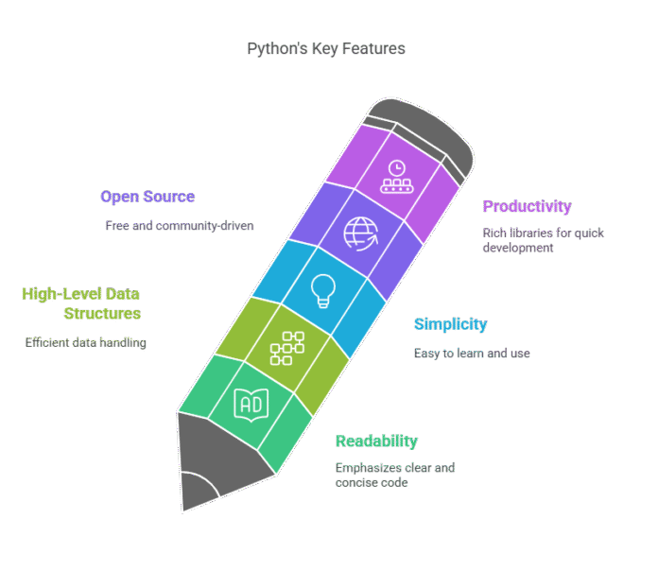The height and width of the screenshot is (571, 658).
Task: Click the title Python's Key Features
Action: point(326,48)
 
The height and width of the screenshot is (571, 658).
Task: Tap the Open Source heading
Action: point(147,197)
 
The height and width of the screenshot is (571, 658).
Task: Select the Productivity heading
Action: point(527,206)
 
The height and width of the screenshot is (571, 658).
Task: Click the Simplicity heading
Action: point(451,324)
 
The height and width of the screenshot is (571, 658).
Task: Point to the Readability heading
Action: point(376,441)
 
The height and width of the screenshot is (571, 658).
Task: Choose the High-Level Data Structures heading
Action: point(82,303)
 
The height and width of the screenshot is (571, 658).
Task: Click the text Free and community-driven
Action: point(180,226)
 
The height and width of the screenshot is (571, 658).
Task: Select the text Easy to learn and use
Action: point(472,354)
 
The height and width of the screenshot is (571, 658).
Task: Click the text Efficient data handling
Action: point(85,342)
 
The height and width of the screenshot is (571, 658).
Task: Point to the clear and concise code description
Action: point(396,475)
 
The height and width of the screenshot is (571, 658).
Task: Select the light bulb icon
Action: point(322,290)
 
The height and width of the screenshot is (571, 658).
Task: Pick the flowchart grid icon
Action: point(285,348)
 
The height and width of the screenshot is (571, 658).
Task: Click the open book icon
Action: point(250,405)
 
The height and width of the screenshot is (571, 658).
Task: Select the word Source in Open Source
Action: point(170,197)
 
